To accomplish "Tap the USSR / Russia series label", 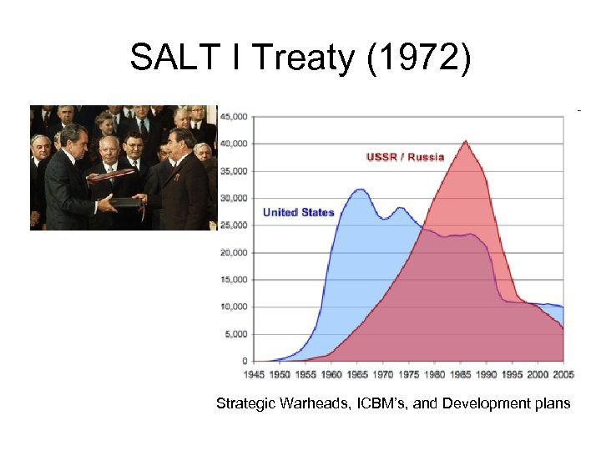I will (405, 156).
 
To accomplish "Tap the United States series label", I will (298, 212).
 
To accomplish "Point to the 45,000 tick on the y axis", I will (233, 117).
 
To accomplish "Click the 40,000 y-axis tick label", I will (233, 144).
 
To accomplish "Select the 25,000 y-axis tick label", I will (233, 225).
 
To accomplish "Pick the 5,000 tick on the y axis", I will (235, 334).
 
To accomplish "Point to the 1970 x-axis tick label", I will (383, 374).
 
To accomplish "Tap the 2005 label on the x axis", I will (564, 374).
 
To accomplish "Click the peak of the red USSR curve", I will (465, 141).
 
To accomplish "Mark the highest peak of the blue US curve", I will (360, 190).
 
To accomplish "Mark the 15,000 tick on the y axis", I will (233, 280).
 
